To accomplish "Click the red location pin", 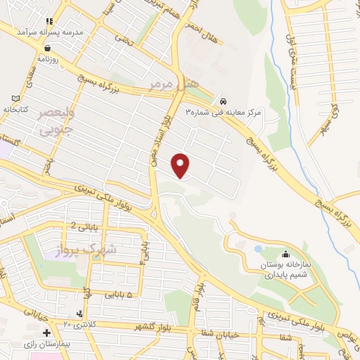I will (181, 165).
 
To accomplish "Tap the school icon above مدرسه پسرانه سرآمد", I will (49, 22).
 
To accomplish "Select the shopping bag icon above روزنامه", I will (47, 48).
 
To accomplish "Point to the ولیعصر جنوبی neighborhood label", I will (56, 120).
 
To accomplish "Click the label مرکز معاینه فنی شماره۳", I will (223, 112).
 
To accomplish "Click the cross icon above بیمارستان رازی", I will (47, 332).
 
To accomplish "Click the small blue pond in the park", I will (258, 249).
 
